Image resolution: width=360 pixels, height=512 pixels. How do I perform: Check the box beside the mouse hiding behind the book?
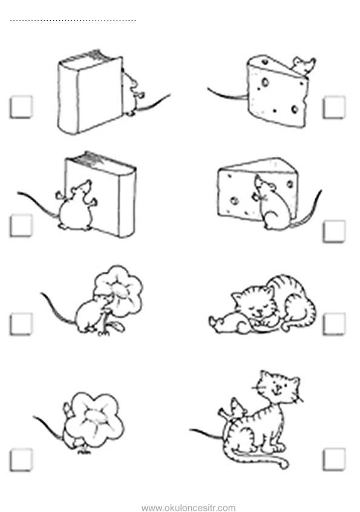tap(21, 107)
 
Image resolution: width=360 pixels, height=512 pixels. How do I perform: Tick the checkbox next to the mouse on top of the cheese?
tap(334, 107)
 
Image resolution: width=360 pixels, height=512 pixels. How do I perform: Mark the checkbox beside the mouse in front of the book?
tap(21, 225)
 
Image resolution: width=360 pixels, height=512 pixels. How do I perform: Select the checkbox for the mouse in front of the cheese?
tap(334, 231)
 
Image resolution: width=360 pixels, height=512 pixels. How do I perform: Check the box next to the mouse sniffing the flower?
tap(21, 324)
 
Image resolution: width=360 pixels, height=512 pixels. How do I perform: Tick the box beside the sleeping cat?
tap(334, 324)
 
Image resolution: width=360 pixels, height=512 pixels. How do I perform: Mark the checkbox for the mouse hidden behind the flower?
tap(21, 460)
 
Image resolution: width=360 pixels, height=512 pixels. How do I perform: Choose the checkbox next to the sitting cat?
tap(334, 459)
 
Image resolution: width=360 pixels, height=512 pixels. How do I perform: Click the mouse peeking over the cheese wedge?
tap(304, 66)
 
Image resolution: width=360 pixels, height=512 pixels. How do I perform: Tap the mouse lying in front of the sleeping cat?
tap(229, 324)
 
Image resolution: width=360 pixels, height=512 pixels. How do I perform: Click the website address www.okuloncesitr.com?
tap(188, 507)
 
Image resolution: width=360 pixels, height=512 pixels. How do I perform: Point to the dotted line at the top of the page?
tap(73, 21)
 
